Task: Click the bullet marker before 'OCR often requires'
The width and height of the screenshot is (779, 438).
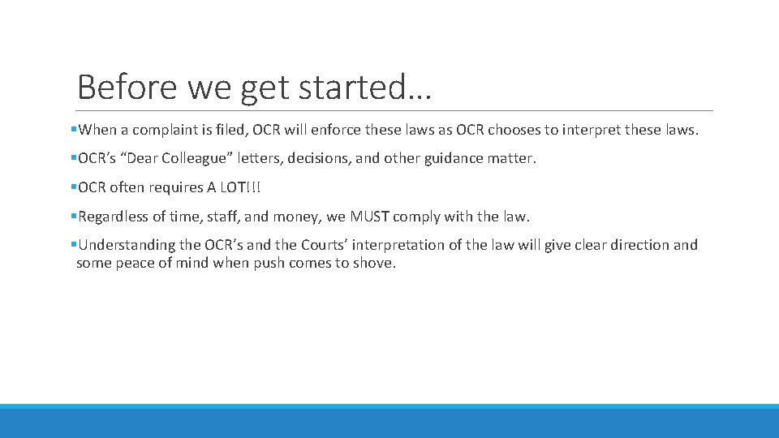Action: pos(74,187)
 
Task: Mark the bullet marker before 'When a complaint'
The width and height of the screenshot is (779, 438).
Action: pos(74,130)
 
